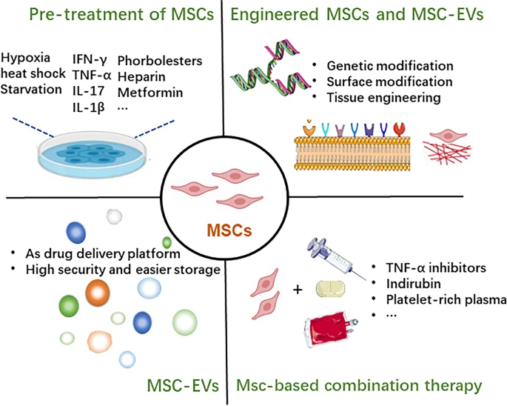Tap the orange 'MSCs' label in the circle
tap(229, 232)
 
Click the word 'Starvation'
tap(31, 89)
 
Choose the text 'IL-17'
tap(88, 90)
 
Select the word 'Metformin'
tap(149, 90)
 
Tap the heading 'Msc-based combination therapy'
tap(359, 386)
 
